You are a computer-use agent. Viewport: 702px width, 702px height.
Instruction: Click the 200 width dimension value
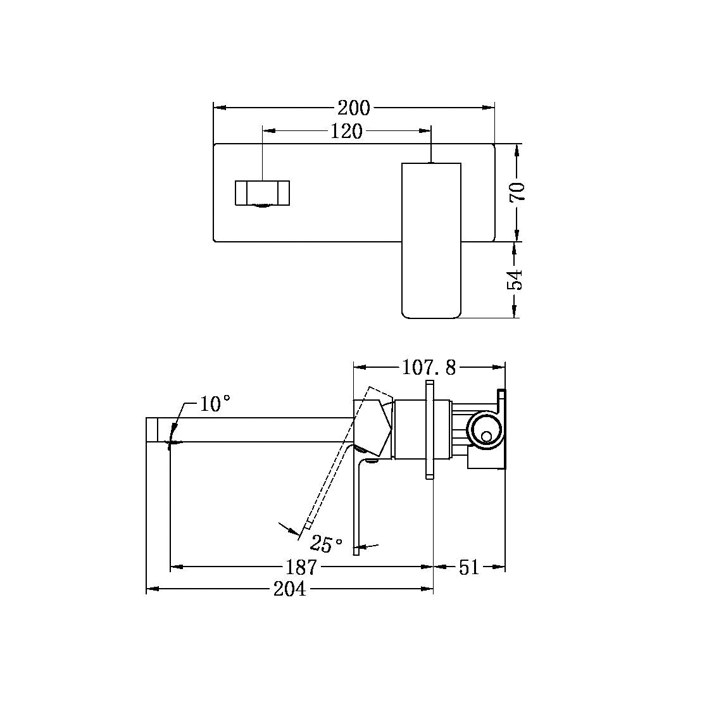click(354, 108)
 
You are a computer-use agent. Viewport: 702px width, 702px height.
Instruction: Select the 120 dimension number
click(347, 131)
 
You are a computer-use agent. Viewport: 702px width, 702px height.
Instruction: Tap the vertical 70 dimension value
click(518, 191)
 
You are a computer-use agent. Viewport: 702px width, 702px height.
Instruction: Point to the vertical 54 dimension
click(518, 279)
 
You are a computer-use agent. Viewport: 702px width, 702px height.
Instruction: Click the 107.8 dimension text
click(429, 367)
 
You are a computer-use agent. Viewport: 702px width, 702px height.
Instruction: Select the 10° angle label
click(215, 404)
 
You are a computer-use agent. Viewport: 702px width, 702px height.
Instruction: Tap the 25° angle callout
click(327, 543)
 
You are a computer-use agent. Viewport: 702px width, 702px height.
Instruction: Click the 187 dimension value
click(301, 567)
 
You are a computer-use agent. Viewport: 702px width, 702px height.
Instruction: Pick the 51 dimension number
click(469, 567)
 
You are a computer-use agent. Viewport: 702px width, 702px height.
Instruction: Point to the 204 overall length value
click(289, 589)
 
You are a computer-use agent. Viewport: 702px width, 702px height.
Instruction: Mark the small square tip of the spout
click(152, 430)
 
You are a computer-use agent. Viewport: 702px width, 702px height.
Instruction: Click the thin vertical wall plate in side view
click(429, 430)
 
